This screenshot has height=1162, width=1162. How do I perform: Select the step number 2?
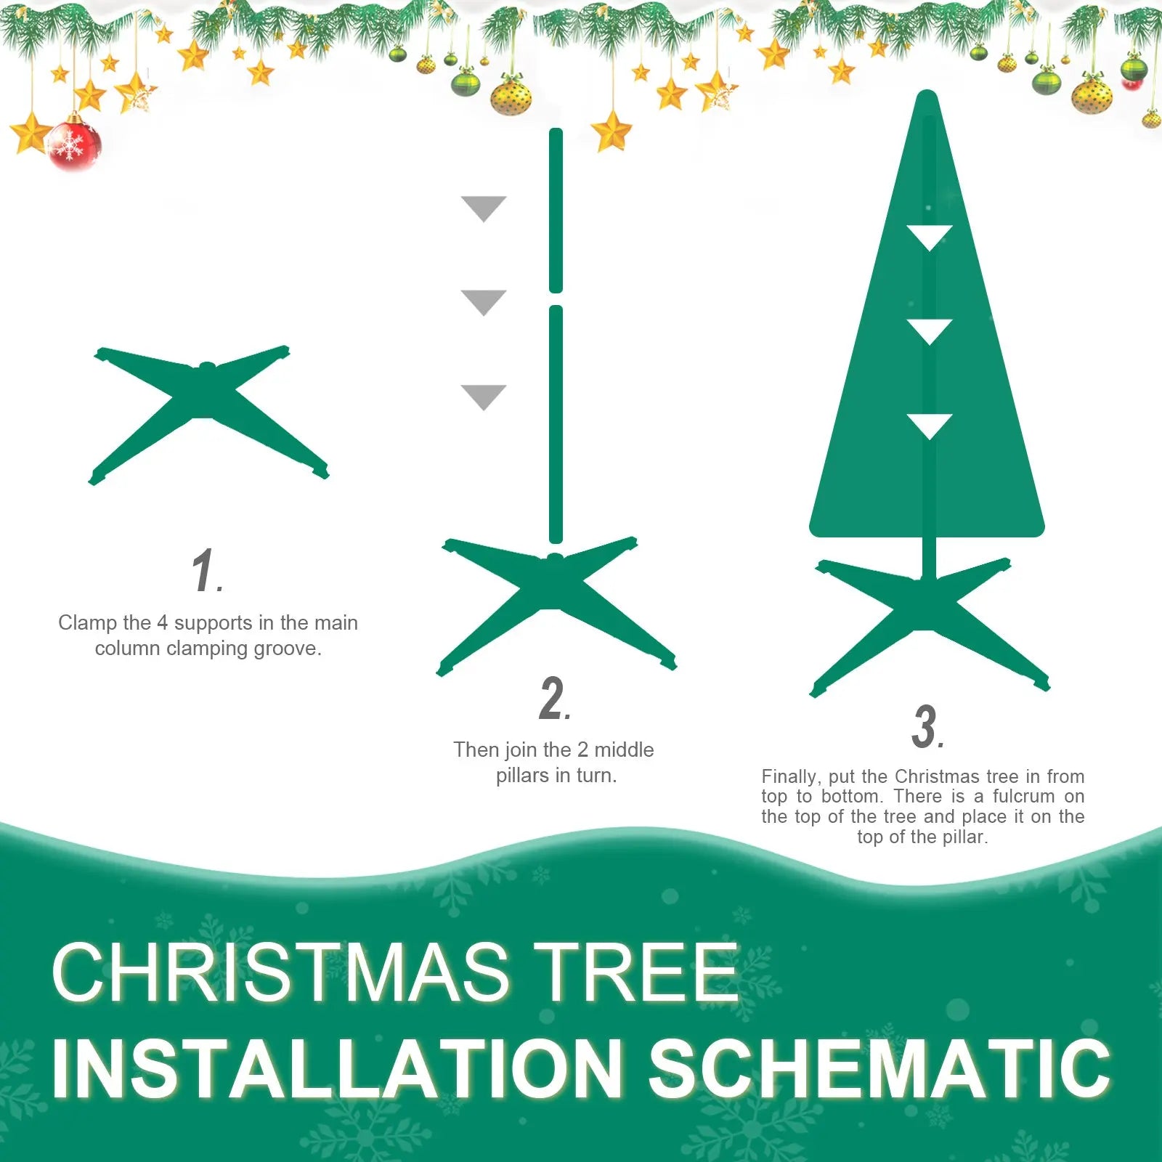[553, 699]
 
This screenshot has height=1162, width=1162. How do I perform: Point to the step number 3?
[926, 726]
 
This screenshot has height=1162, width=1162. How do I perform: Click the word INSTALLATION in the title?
[338, 1068]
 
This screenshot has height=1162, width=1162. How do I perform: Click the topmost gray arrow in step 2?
[484, 207]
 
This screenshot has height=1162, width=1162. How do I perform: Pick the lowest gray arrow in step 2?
[484, 396]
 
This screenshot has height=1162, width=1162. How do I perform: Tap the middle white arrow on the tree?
[930, 330]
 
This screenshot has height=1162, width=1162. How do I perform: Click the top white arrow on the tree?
[930, 236]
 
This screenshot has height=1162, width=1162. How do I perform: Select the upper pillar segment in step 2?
[556, 211]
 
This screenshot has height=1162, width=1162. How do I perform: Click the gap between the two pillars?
[556, 299]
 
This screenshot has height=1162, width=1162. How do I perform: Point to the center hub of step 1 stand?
[207, 369]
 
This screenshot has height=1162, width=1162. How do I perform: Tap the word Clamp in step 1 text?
[88, 622]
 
